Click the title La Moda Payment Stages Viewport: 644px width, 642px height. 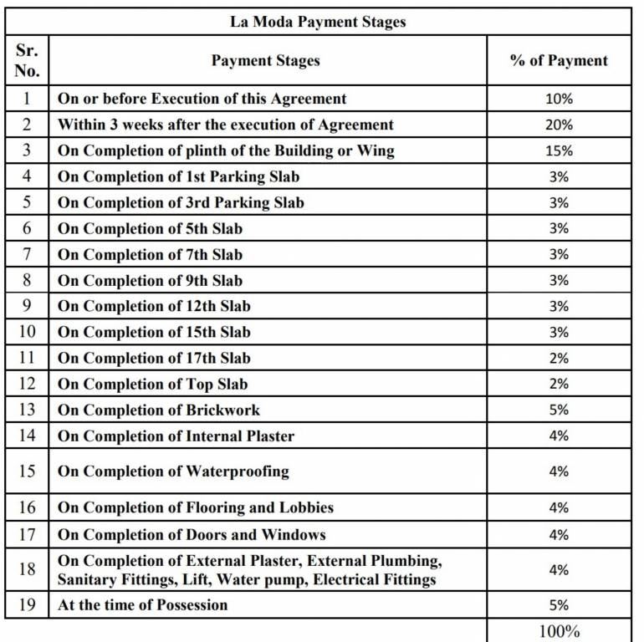click(318, 22)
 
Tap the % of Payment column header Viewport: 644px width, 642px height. click(559, 60)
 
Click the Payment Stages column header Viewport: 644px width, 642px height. click(265, 60)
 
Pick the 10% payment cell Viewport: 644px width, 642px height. click(559, 99)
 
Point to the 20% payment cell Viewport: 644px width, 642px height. click(559, 125)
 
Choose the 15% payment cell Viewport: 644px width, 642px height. click(559, 150)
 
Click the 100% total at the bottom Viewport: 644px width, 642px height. click(559, 630)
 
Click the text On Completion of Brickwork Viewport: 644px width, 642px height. click(159, 410)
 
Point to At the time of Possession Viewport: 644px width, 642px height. click(142, 604)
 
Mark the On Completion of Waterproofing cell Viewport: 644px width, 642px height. click(173, 471)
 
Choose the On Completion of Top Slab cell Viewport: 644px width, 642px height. click(152, 384)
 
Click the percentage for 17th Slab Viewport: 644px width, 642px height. click(559, 358)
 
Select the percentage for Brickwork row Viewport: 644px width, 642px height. click(559, 410)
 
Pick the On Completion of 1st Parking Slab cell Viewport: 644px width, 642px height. click(178, 176)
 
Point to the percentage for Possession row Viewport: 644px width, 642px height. click(559, 604)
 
